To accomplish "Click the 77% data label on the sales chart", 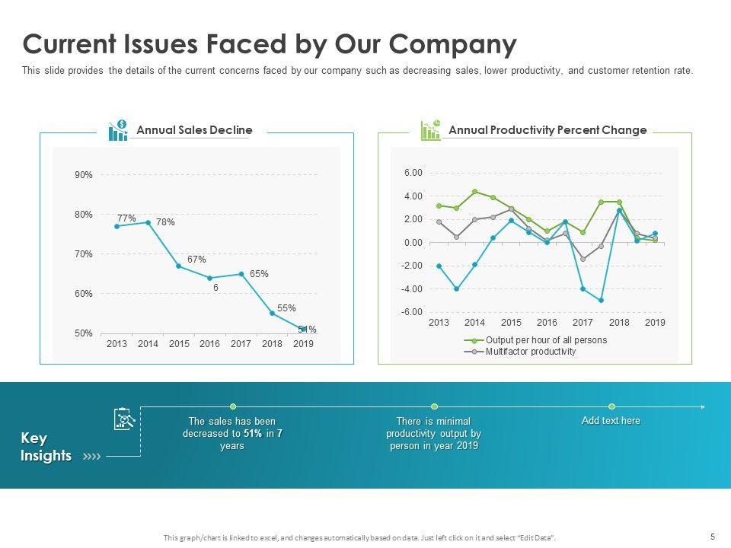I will (x=126, y=218).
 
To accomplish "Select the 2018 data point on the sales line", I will (x=273, y=313).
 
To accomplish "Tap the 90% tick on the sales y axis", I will (x=84, y=175).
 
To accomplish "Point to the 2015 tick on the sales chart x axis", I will (x=179, y=344).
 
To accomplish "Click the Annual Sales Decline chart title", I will (x=194, y=130).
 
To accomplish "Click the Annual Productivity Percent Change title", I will (x=547, y=130).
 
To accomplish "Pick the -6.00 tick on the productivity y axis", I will (x=413, y=312).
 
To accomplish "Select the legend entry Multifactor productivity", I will (x=531, y=352).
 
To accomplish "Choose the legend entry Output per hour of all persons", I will (x=546, y=340).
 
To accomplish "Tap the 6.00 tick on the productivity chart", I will (x=413, y=173).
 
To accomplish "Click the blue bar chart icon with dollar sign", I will (x=118, y=130).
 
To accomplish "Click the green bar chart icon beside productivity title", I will (x=431, y=129).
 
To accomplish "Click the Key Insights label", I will (x=45, y=448).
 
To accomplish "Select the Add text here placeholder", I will (x=611, y=421).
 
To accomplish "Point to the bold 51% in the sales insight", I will (x=254, y=433).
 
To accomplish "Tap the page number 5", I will (x=712, y=537).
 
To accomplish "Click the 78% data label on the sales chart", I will (x=165, y=222).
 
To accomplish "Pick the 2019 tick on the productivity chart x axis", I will (x=655, y=323).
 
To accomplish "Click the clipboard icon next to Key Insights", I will (x=124, y=419).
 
